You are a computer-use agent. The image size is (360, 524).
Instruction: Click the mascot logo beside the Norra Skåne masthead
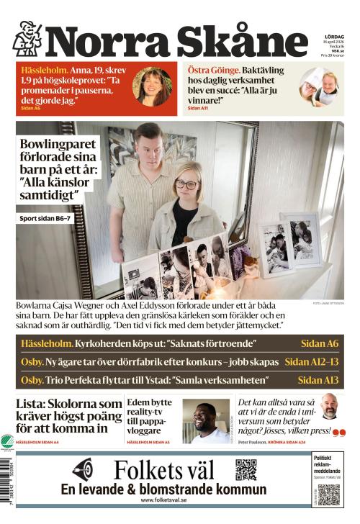pos(27,38)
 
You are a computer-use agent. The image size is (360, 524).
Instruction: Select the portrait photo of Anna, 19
pos(152,86)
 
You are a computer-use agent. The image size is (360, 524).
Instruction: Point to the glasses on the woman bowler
pos(187,184)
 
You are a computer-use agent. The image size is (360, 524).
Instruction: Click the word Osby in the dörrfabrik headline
pos(32,361)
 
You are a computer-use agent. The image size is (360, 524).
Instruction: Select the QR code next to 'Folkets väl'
pos(246,469)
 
